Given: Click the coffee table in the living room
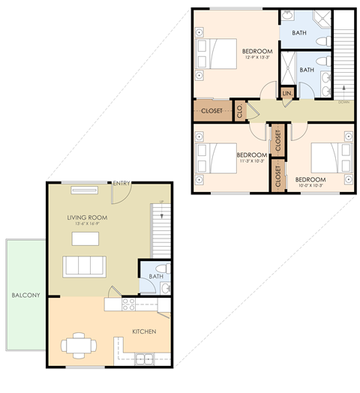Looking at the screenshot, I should (x=85, y=239).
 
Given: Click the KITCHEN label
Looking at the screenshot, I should (x=143, y=331).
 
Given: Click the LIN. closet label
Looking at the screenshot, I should (x=286, y=93).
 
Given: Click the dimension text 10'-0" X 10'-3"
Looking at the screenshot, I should (x=309, y=187).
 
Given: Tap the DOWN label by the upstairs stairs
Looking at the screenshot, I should (x=343, y=101).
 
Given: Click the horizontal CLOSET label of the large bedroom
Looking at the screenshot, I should (x=211, y=110).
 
